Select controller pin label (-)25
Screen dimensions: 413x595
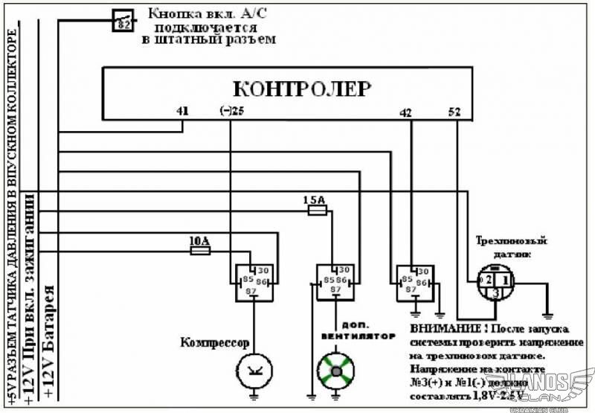pos(232,112)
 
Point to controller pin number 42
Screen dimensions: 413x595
pos(405,113)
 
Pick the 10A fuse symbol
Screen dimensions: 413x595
pos(199,251)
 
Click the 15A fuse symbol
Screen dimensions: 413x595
pos(317,211)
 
